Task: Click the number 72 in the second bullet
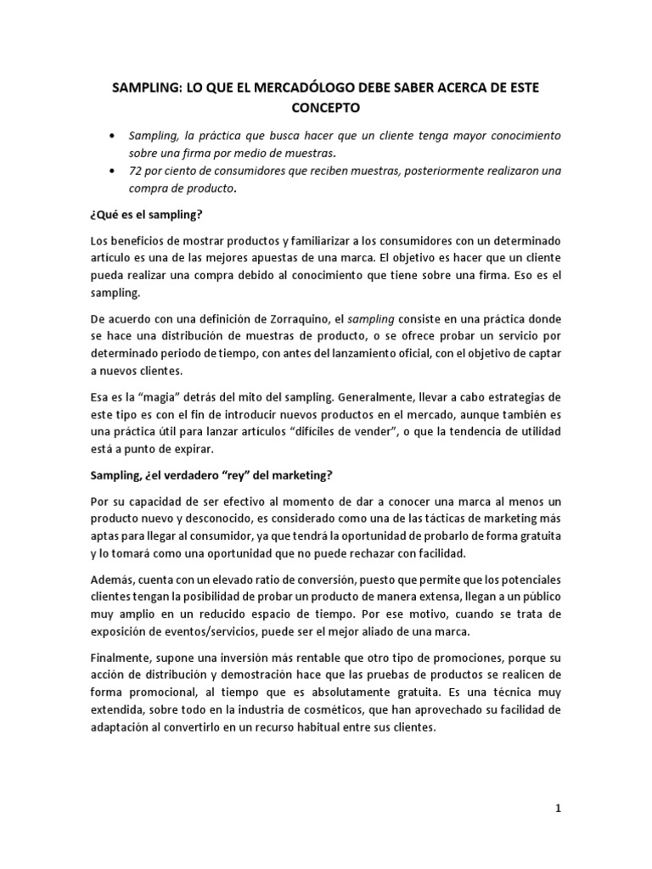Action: (x=136, y=171)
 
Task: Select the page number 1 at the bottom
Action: (x=558, y=809)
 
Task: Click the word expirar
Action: (x=194, y=449)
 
